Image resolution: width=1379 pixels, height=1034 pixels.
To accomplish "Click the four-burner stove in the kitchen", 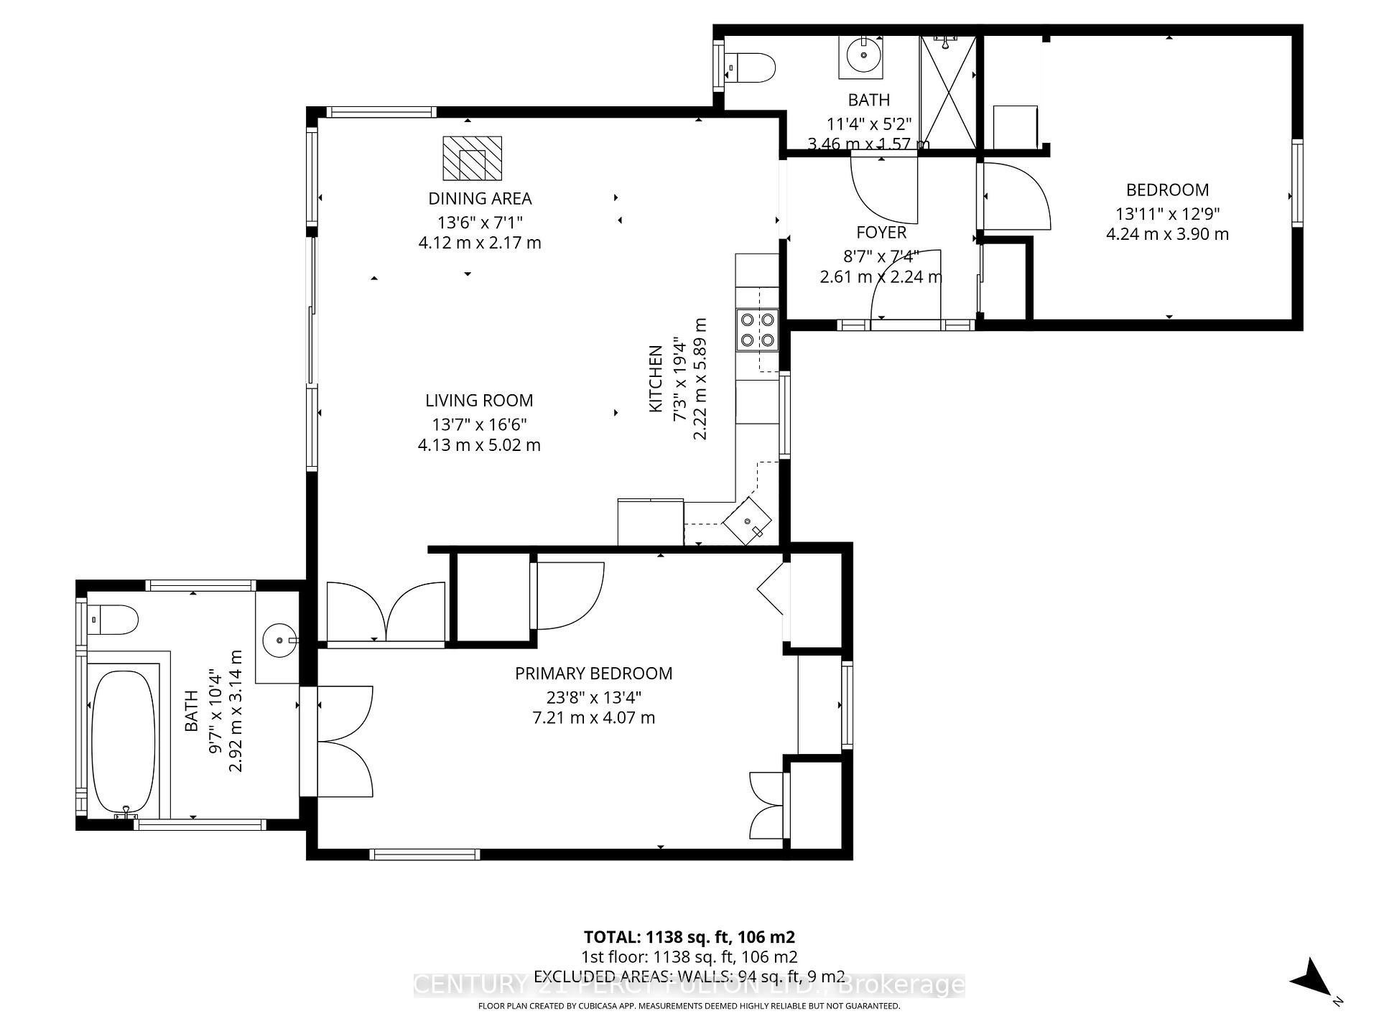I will [x=757, y=330].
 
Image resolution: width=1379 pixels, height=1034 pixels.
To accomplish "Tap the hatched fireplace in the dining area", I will [x=472, y=158].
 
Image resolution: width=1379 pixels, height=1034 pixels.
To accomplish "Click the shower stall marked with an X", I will [x=949, y=92].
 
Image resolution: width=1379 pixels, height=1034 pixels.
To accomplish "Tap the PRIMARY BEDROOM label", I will [x=593, y=674].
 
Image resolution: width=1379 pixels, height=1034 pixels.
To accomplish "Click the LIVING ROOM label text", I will [x=479, y=401].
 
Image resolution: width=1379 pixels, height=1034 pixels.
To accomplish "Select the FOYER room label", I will [x=881, y=233].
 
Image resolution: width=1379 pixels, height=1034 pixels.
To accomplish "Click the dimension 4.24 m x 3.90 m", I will [x=1167, y=234].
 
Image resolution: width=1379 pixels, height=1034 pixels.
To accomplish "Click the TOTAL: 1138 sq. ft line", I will [x=689, y=937].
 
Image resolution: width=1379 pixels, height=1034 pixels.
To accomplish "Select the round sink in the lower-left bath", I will [x=277, y=638].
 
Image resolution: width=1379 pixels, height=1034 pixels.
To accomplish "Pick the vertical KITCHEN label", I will [x=655, y=379].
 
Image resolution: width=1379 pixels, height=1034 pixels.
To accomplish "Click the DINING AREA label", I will [x=480, y=198].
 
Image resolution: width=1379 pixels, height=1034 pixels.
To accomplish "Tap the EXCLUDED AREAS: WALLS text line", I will [x=689, y=976].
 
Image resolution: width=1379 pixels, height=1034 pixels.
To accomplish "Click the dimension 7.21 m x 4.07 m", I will [x=593, y=717].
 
